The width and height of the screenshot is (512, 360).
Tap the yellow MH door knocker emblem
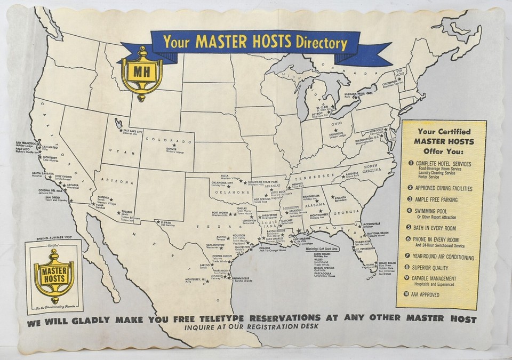[x=141, y=73]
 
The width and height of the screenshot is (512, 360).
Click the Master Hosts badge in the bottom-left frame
[x=53, y=275]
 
